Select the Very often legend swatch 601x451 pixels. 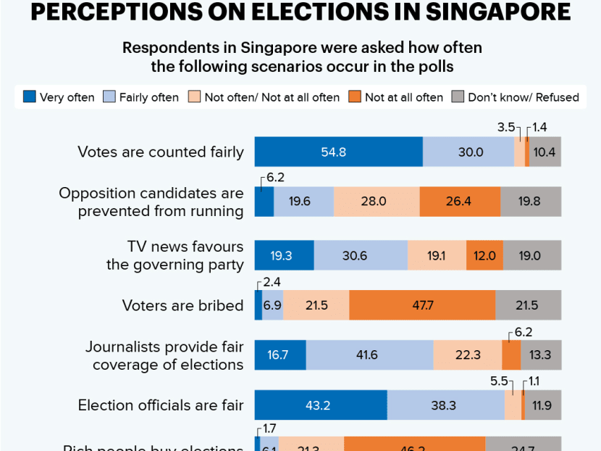[29, 96]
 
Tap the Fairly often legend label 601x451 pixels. [148, 97]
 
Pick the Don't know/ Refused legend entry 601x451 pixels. [523, 97]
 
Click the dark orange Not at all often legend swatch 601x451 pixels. [355, 96]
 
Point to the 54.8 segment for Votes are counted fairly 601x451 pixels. [338, 152]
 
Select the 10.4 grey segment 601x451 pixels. [545, 152]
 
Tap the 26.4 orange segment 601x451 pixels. [460, 202]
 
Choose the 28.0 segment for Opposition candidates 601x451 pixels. [377, 202]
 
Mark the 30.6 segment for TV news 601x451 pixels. [361, 255]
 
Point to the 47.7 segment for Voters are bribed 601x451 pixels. [422, 305]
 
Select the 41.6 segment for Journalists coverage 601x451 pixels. [369, 355]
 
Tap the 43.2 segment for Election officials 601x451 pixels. [320, 405]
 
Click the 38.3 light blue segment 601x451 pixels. [445, 405]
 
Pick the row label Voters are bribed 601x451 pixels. [182, 305]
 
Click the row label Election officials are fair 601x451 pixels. [161, 405]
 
